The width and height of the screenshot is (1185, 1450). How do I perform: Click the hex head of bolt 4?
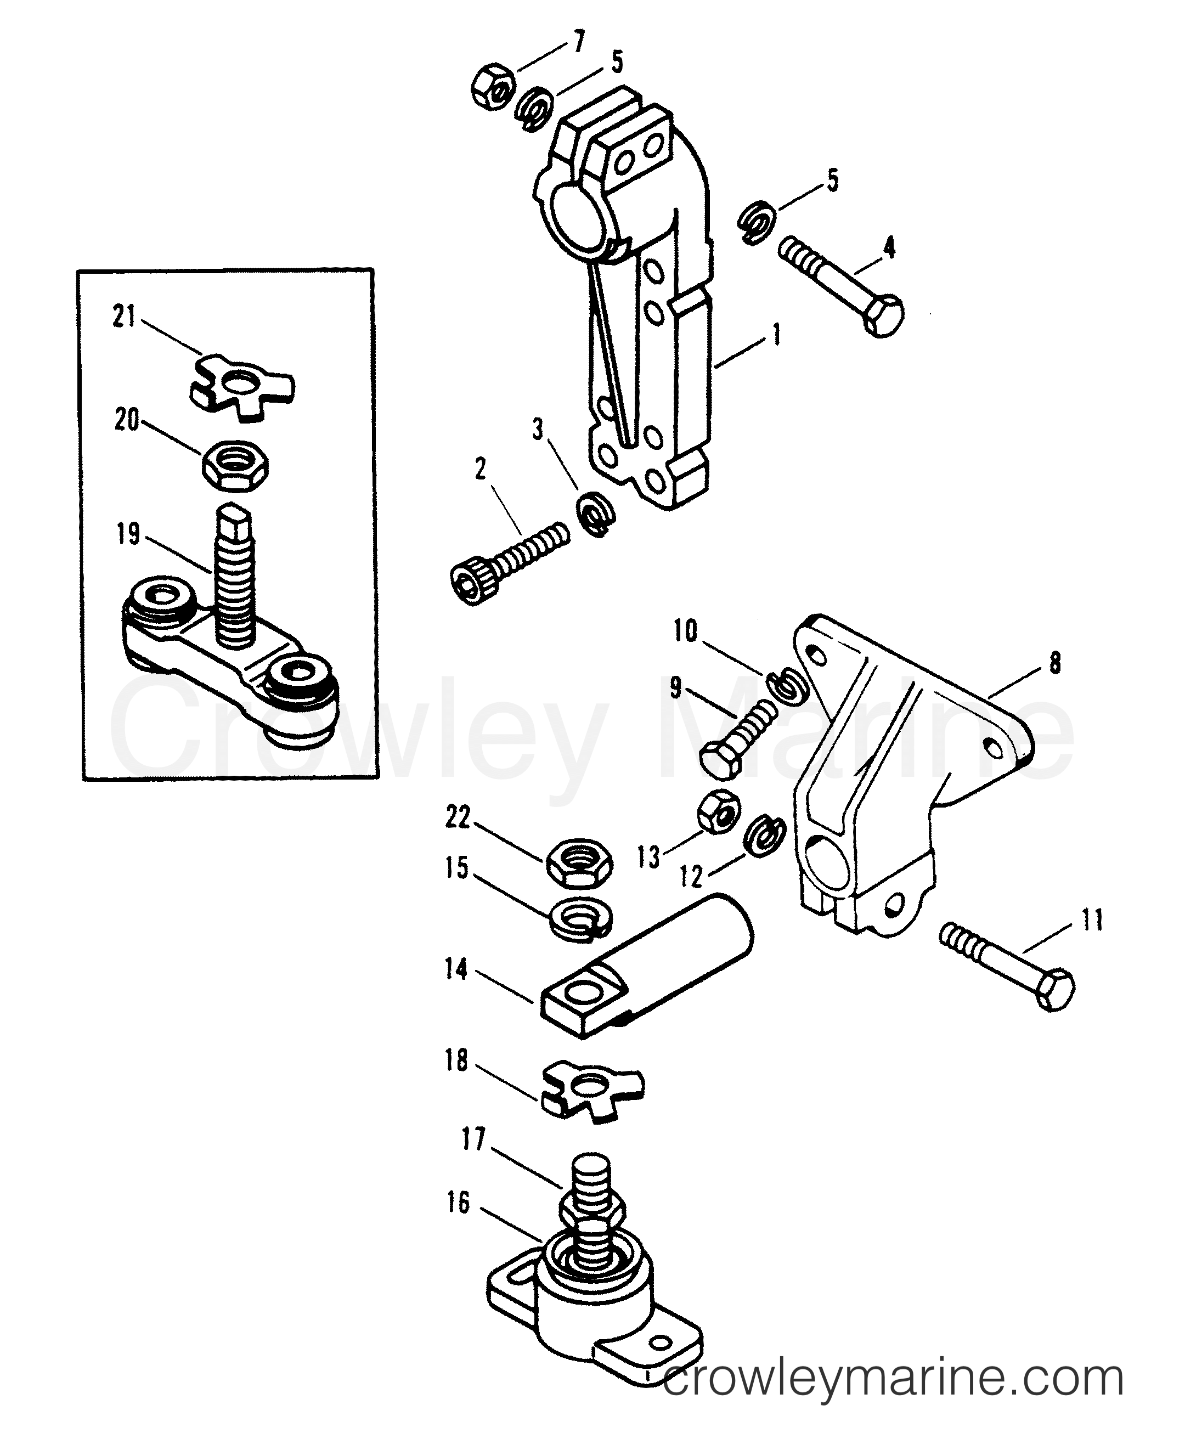pyautogui.click(x=883, y=317)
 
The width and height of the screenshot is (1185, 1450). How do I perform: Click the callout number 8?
pyautogui.click(x=1054, y=663)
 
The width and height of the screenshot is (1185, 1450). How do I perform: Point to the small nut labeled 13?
pyautogui.click(x=719, y=810)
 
